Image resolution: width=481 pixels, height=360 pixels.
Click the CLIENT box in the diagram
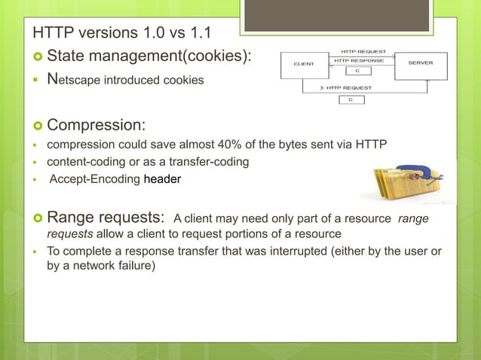(x=304, y=65)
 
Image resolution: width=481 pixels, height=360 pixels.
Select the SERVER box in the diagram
(x=421, y=65)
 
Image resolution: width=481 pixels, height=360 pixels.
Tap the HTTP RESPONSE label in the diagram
(x=359, y=60)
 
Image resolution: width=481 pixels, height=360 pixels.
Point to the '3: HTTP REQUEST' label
(x=351, y=88)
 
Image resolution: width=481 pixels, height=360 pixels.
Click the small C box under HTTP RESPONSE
(x=358, y=72)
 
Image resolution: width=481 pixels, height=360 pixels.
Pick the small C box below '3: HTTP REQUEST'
(x=351, y=99)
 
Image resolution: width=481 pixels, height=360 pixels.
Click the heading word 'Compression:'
(x=96, y=123)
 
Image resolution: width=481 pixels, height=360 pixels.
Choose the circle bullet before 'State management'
(x=38, y=56)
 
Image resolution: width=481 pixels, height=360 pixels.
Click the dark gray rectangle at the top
(x=336, y=16)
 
